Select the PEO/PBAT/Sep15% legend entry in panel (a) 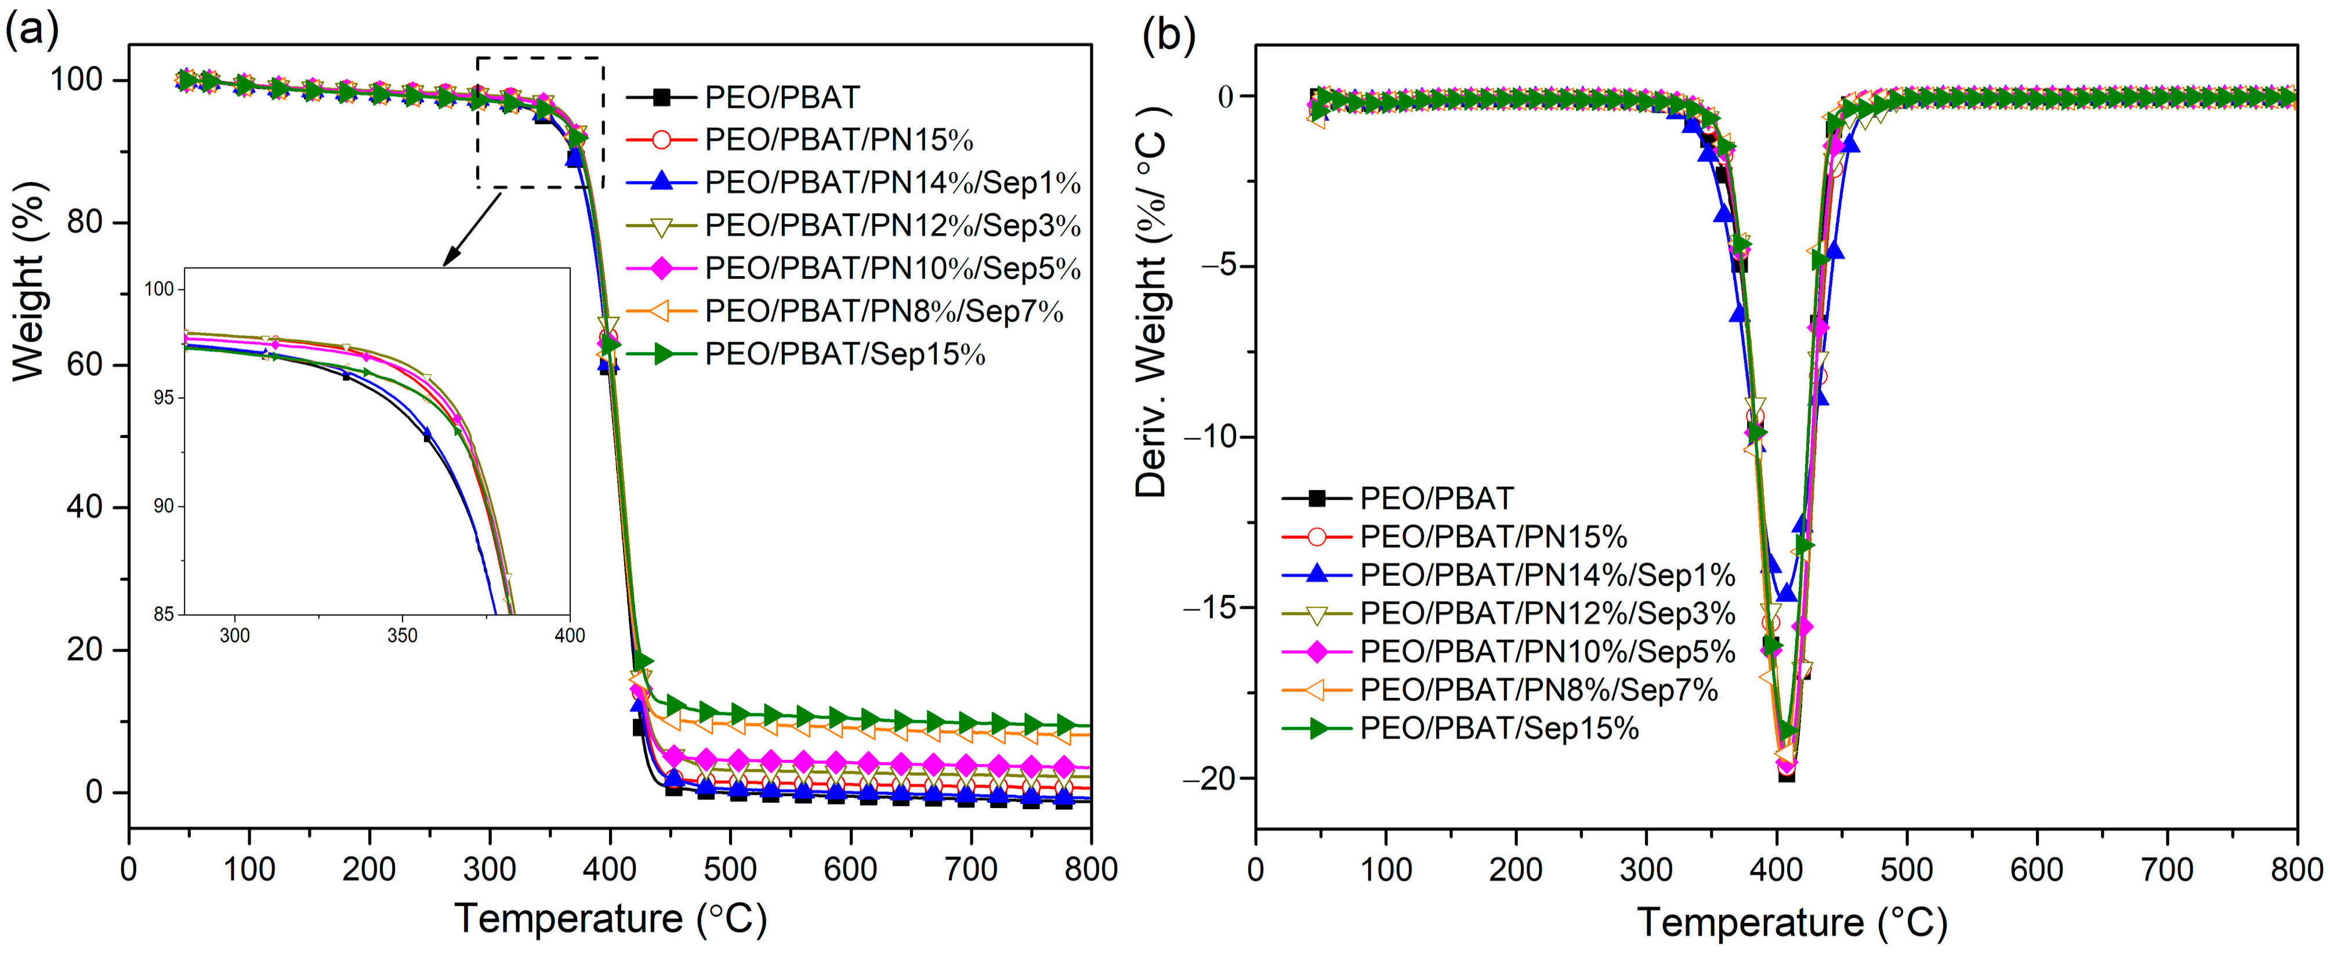click(844, 354)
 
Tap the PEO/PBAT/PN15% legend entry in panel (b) click(1492, 537)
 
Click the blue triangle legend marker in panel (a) click(661, 183)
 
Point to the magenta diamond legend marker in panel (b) click(1317, 652)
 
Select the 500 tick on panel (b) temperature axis click(1907, 870)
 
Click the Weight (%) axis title click(29, 282)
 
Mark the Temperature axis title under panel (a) click(611, 919)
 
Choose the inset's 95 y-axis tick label click(163, 398)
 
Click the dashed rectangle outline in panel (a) click(540, 59)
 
